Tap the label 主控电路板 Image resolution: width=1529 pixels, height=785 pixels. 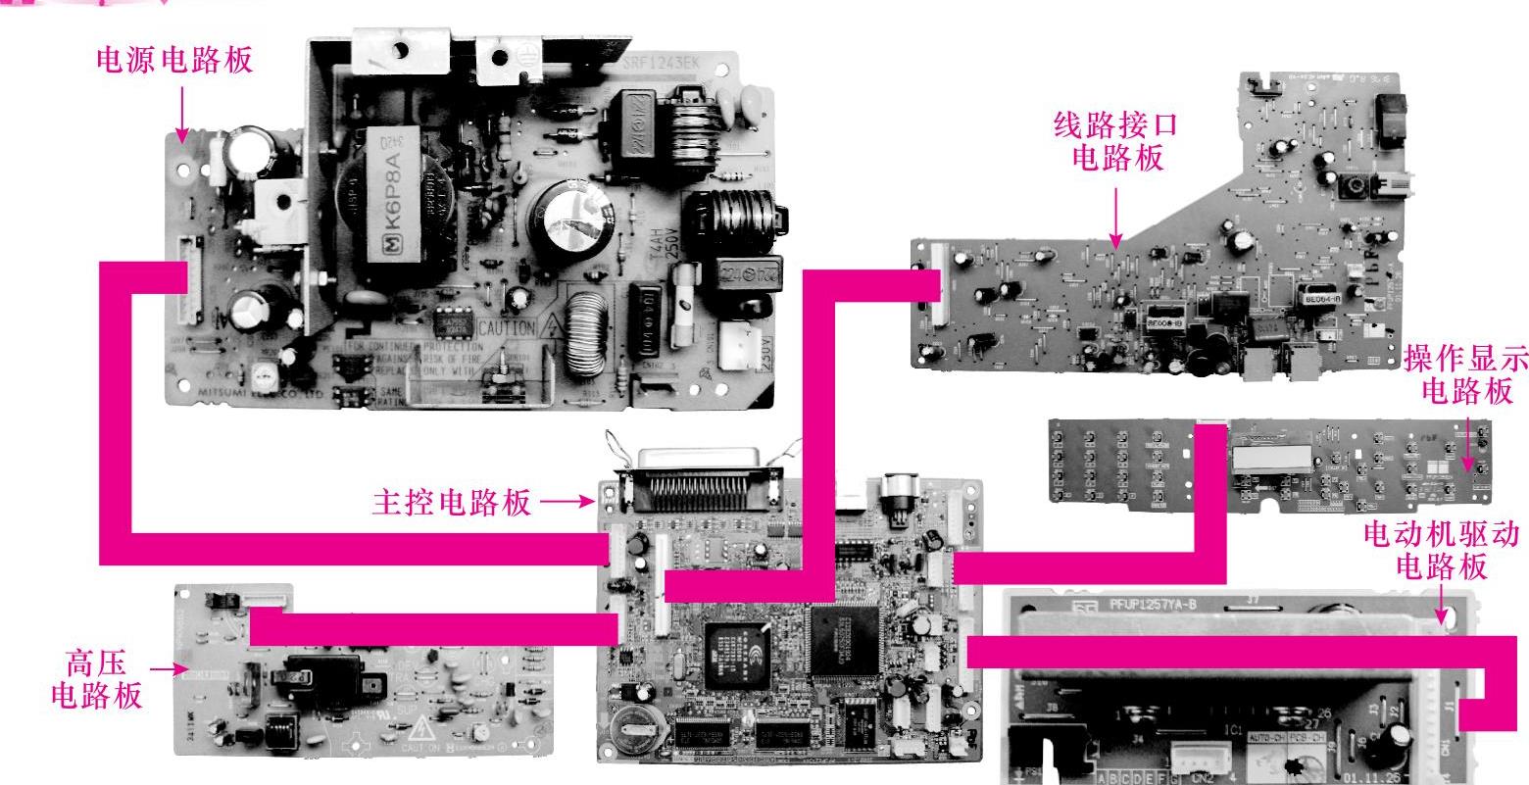click(x=452, y=503)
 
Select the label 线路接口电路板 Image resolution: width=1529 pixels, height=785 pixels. click(x=1114, y=140)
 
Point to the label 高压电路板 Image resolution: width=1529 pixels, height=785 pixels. click(x=95, y=679)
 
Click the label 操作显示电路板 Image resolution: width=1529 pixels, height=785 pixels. click(x=1464, y=375)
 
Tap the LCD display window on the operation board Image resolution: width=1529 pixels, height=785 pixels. click(x=1272, y=458)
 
